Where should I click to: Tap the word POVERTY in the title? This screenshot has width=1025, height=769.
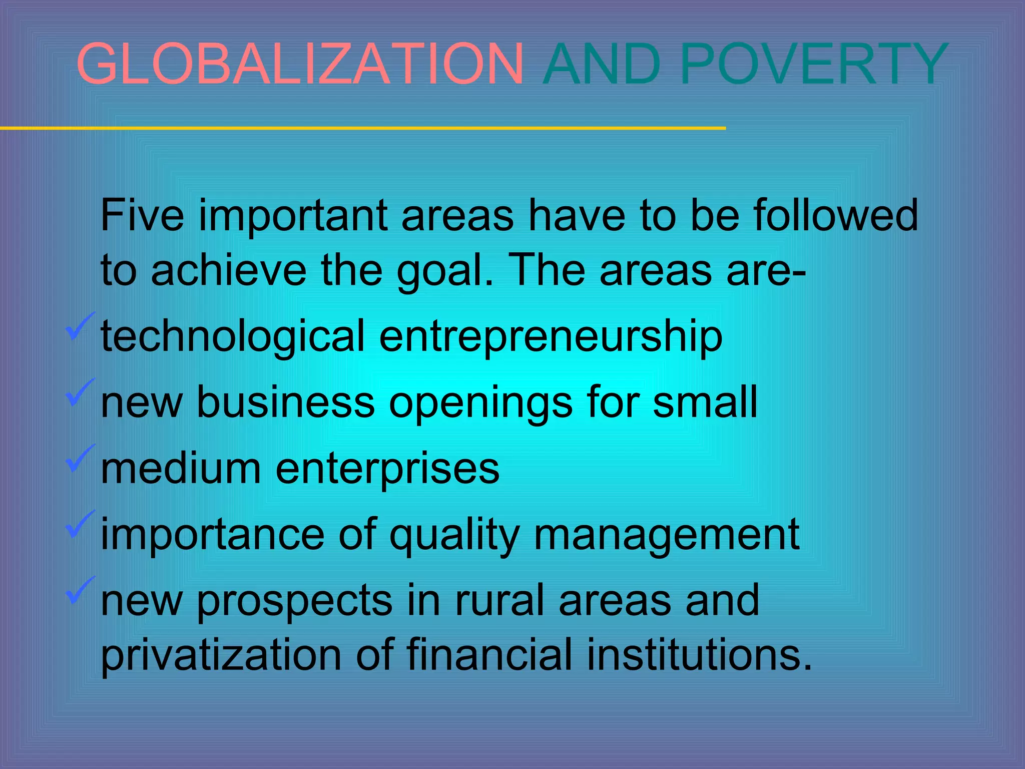(814, 64)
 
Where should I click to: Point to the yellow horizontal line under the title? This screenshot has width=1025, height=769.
(362, 129)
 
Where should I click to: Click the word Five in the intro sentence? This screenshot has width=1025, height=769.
(142, 215)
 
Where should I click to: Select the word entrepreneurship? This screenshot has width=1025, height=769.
(551, 336)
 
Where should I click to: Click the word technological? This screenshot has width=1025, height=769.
(233, 336)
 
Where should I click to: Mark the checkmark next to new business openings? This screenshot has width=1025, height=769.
(79, 393)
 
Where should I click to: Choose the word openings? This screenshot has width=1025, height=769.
(480, 403)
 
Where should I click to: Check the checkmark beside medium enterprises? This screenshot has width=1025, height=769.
(79, 458)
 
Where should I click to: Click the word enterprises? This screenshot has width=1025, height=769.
(387, 469)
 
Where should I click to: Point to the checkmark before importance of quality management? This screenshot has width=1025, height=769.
(79, 524)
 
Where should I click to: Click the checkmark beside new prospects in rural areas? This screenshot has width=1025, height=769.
(79, 590)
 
